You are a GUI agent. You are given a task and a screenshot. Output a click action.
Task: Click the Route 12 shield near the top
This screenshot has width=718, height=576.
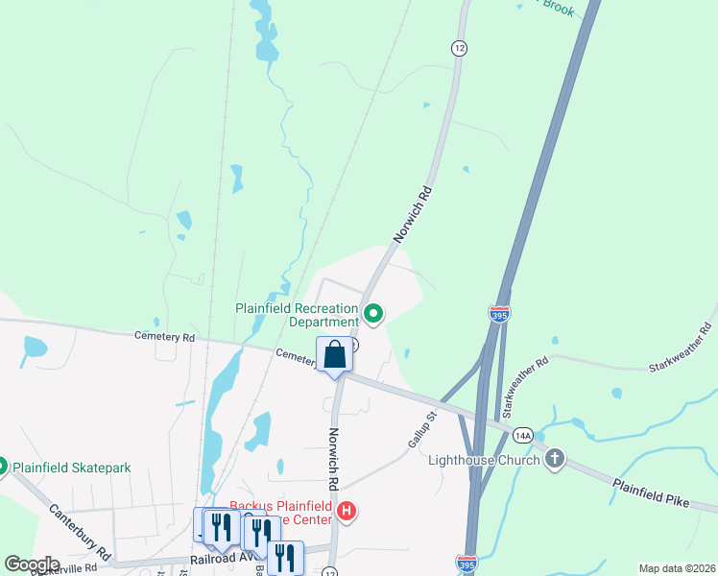pos(460,47)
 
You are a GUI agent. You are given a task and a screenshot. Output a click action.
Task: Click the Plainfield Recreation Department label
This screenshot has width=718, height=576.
pos(298,316)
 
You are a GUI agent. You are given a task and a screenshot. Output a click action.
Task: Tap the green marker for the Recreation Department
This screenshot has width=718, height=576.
pos(373,313)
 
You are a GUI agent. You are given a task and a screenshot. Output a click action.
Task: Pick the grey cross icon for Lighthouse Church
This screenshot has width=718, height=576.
pos(554,460)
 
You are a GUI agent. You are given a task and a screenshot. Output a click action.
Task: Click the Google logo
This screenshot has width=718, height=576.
pos(33,564)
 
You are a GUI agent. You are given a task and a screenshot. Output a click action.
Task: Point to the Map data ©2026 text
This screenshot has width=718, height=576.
pos(675,568)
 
